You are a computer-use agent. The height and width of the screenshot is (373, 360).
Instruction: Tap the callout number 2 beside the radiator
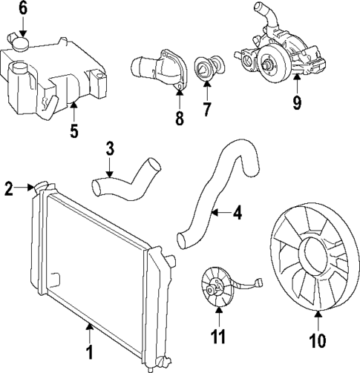click(x=8, y=190)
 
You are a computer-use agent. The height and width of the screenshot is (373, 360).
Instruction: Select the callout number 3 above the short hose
click(x=109, y=148)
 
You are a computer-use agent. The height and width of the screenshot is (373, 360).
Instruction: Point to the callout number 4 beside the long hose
click(x=237, y=214)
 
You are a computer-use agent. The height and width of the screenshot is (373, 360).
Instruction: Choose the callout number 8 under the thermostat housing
click(x=178, y=119)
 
